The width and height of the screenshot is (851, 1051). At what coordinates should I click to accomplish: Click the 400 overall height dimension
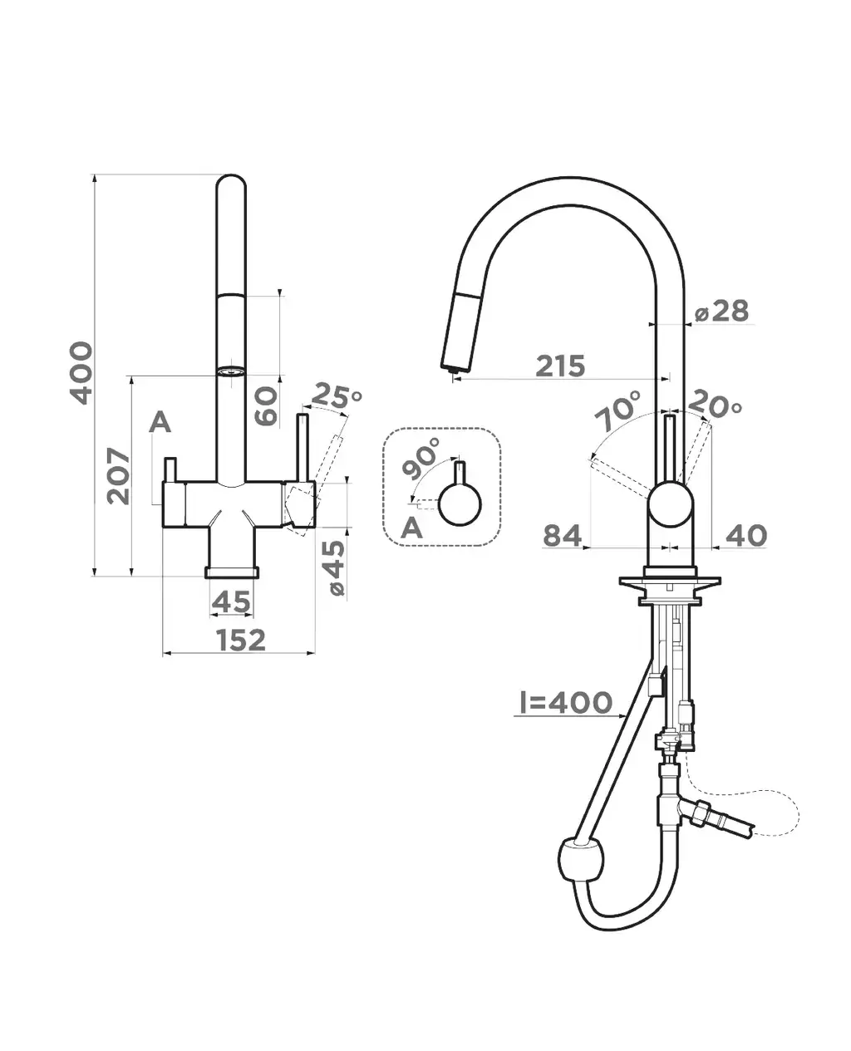coord(81,373)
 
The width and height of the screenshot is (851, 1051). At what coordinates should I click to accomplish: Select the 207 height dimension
coord(119,476)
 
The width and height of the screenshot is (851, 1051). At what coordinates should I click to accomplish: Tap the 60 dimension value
coord(266,406)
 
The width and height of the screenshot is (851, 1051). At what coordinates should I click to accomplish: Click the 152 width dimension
coord(241,640)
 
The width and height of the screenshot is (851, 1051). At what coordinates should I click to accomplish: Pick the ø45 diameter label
coord(336,567)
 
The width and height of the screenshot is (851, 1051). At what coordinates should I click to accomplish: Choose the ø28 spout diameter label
coord(721,311)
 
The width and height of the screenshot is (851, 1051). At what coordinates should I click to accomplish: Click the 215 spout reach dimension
coord(561,366)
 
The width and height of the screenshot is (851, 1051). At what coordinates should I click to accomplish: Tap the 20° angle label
coord(715,404)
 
